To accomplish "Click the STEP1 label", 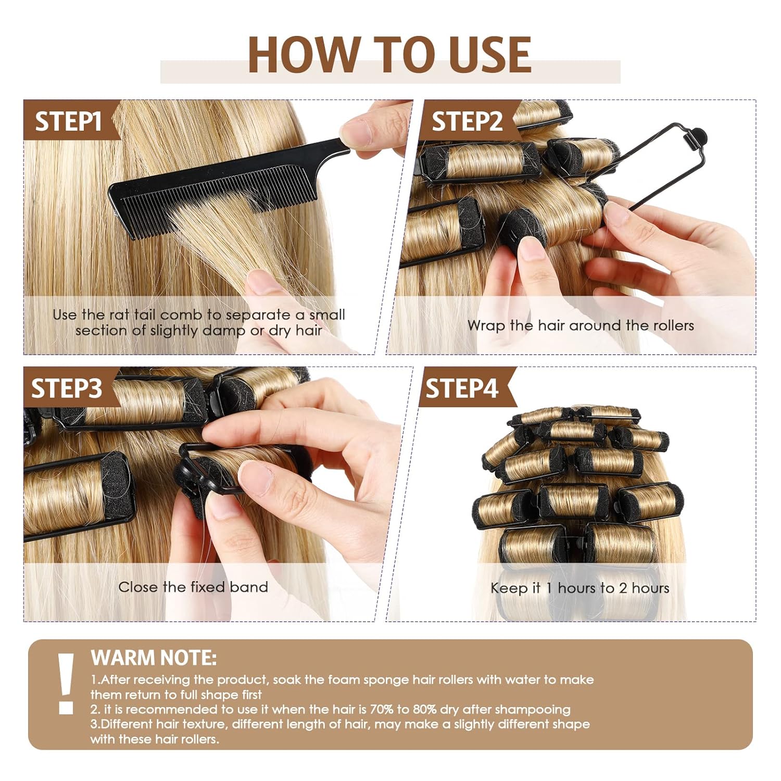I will click(68, 121).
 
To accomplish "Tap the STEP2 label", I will click(467, 121).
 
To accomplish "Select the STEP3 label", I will click(66, 388).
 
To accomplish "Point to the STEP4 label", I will click(462, 388).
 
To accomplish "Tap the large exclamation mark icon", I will click(66, 683).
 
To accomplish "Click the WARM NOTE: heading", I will click(153, 658).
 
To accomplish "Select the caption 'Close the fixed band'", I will click(193, 587).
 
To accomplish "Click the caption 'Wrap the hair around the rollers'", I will click(580, 325).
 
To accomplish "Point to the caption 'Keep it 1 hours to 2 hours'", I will click(580, 588).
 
